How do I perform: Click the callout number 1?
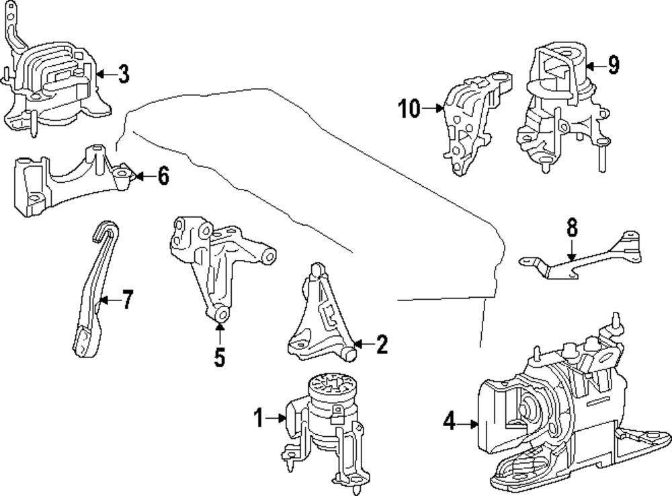(x=258, y=419)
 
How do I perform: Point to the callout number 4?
(x=449, y=422)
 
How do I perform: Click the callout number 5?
(x=220, y=357)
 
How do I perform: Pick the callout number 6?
(x=163, y=177)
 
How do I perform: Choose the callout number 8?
(x=571, y=229)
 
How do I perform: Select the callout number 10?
(x=409, y=108)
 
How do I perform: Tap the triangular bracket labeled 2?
(x=316, y=316)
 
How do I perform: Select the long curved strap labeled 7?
(x=91, y=289)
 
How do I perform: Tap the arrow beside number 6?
(x=142, y=177)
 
